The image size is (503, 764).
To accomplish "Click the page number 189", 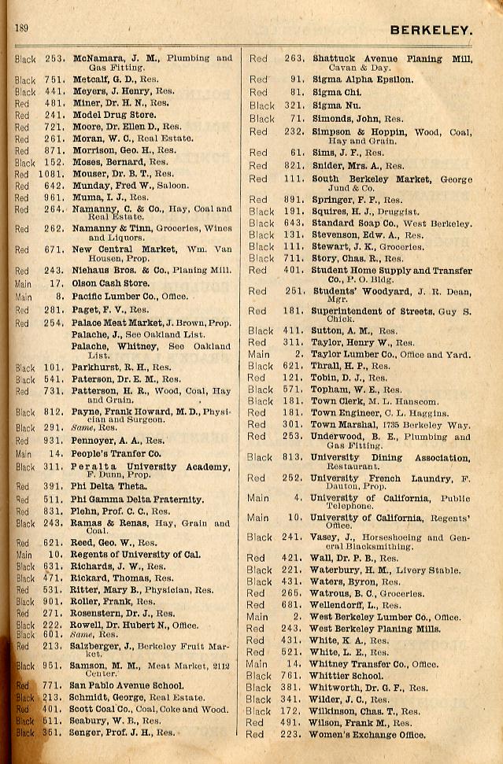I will (x=21, y=28).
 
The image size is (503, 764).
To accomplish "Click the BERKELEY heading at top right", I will (x=431, y=31).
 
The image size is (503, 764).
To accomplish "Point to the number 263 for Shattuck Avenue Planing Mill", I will (x=294, y=58).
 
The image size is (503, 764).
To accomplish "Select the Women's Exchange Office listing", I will (x=368, y=736).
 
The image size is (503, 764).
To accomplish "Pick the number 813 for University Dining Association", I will (x=294, y=457).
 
